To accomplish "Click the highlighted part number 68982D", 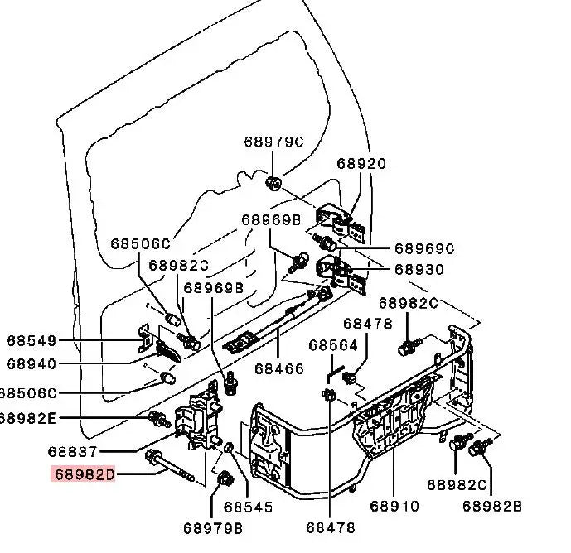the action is point(85,474).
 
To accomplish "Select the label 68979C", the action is point(273,142).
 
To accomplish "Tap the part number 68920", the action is point(361,164).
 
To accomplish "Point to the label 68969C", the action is point(424,249).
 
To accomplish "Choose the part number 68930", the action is point(419,270).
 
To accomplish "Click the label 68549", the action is point(31,341).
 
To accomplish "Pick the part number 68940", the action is point(31,363).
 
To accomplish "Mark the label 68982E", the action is point(27,418).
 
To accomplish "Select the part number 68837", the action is point(72,452).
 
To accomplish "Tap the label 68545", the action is point(248,507).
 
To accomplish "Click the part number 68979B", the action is point(213,528).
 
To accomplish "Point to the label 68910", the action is point(394,506).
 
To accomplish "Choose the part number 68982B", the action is point(492,506).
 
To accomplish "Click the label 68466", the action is point(279,369).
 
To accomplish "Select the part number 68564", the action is point(333,345).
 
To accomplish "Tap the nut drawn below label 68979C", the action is point(273,183).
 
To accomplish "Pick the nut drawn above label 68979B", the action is point(225,478).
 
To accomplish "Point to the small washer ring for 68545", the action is point(229,447).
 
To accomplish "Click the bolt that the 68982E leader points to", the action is point(159,418).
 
